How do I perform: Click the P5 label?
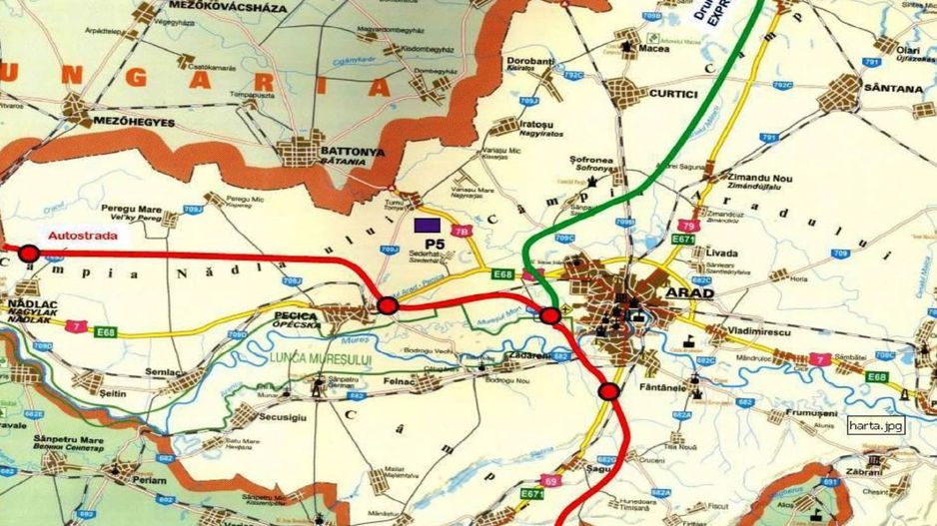point(433,244)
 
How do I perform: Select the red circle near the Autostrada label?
point(29,254)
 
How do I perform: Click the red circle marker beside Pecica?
point(388,304)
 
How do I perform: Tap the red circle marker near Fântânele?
point(607,390)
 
